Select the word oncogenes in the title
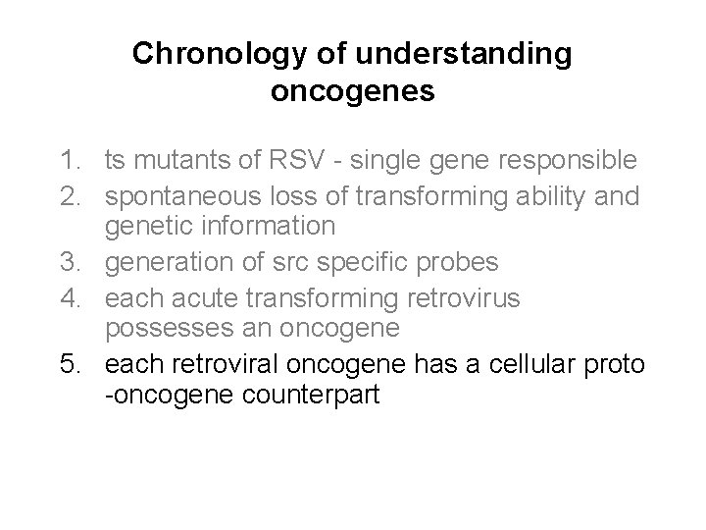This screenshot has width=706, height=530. point(352,93)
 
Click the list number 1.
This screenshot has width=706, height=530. point(68,159)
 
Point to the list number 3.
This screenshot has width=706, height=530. point(68,262)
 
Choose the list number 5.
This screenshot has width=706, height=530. point(68,365)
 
